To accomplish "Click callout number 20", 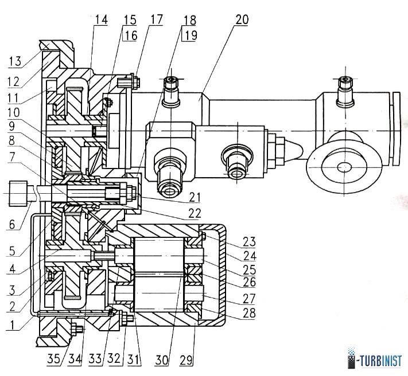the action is pos(242,19).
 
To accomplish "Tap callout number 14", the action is pos(101,19).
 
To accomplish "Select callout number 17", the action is pos(157,19).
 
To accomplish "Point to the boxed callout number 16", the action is pos(131,36).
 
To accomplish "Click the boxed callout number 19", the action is pos(190,36).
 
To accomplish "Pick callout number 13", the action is pos(15,62).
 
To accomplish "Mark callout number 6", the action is pos(12,224).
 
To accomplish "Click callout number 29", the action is pos(186,360).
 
